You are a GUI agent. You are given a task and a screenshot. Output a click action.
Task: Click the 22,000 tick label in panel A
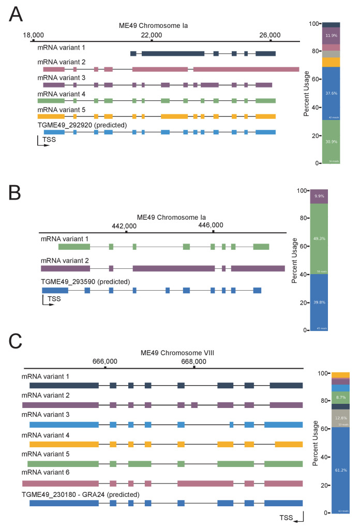pos(152,35)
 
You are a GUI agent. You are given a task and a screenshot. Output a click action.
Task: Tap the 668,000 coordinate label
pos(194,361)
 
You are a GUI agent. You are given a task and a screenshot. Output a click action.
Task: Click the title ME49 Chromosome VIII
pos(177,353)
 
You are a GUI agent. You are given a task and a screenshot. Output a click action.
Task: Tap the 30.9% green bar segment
pos(331,142)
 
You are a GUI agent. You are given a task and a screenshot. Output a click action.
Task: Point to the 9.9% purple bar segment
pos(319,197)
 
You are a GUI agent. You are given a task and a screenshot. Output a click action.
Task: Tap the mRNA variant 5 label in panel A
pos(61,110)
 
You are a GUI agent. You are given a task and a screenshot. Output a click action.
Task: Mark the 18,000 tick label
pos(33,35)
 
